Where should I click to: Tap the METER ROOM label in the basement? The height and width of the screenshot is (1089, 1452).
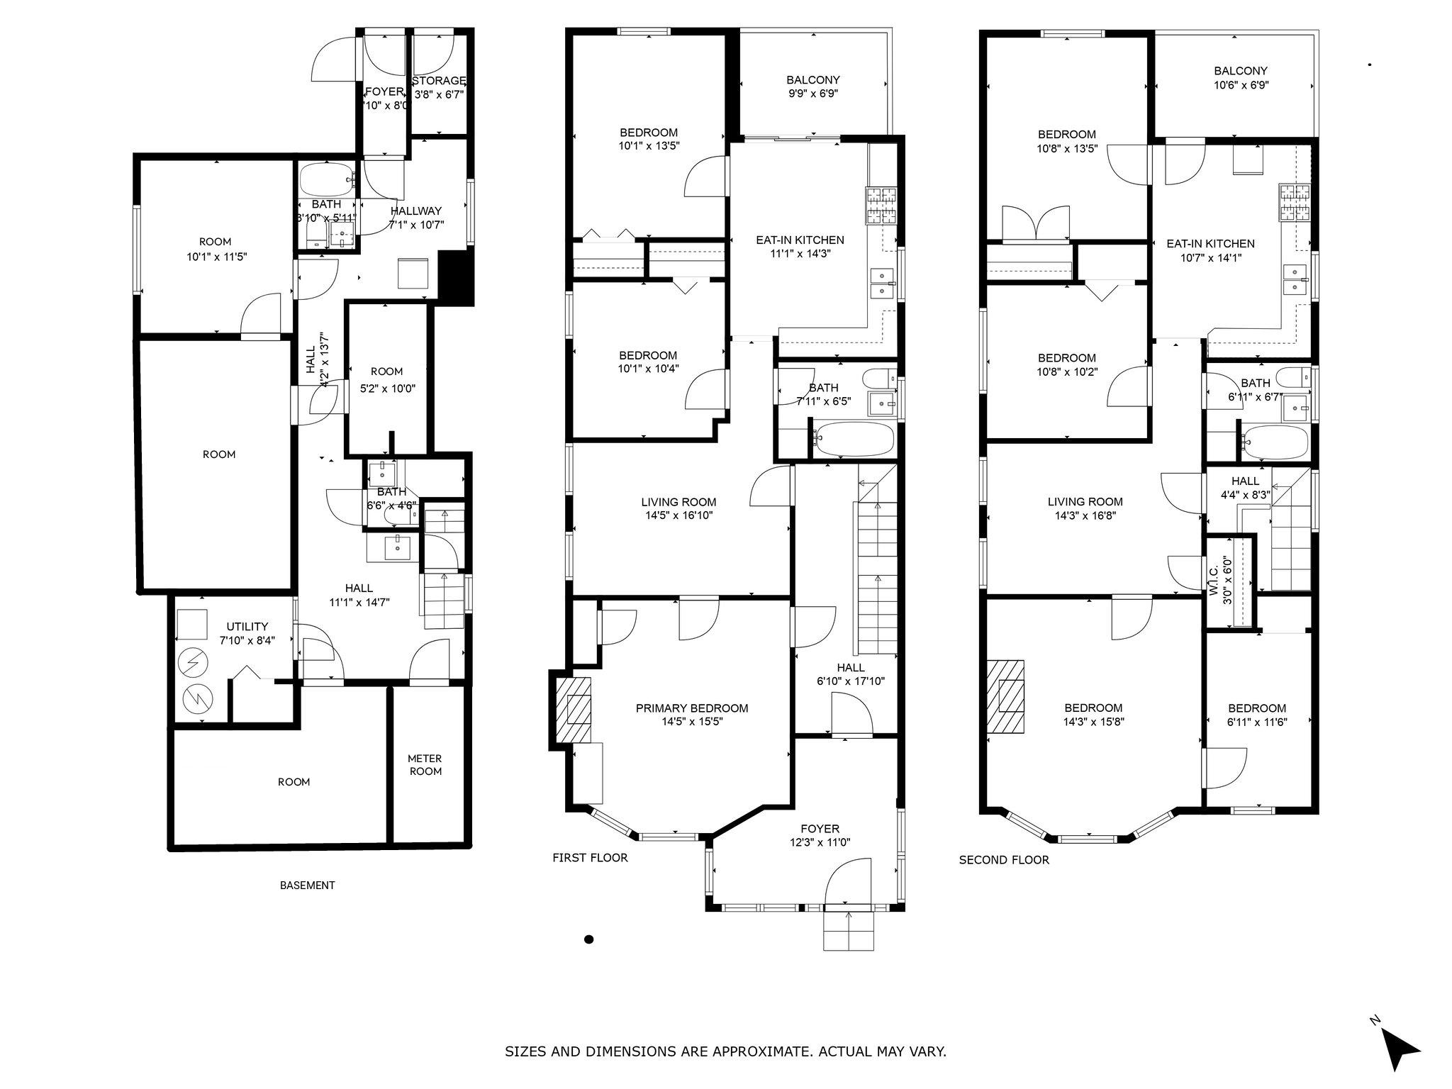pyautogui.click(x=425, y=765)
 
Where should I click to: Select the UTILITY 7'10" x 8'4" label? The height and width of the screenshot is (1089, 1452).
pyautogui.click(x=247, y=632)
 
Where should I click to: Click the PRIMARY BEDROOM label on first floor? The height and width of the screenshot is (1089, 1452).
pyautogui.click(x=691, y=715)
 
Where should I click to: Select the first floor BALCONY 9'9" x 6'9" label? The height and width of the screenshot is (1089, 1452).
pyautogui.click(x=812, y=86)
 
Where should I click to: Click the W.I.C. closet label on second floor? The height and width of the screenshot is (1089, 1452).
pyautogui.click(x=1220, y=583)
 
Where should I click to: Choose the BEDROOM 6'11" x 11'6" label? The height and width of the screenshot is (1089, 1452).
pyautogui.click(x=1257, y=715)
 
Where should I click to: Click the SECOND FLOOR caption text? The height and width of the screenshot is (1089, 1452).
pyautogui.click(x=1003, y=860)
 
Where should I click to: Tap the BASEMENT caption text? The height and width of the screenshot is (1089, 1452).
pyautogui.click(x=307, y=885)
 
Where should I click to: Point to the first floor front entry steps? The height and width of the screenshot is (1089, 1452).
pyautogui.click(x=849, y=931)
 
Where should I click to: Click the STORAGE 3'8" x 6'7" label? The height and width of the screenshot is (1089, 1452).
pyautogui.click(x=439, y=86)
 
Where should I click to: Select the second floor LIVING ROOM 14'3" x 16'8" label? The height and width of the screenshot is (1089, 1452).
pyautogui.click(x=1085, y=508)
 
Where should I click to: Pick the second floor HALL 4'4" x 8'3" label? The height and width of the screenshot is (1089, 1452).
pyautogui.click(x=1245, y=488)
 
